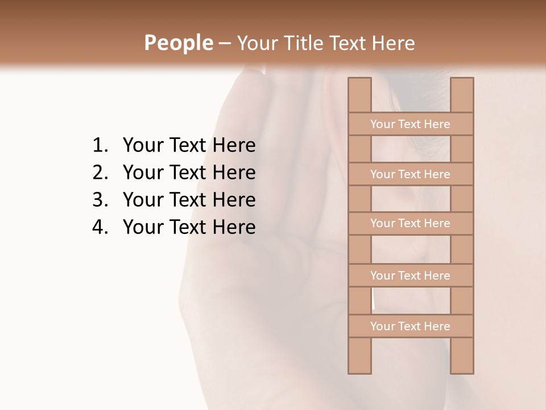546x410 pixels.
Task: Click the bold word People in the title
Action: click(178, 43)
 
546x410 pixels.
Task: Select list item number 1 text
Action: click(189, 145)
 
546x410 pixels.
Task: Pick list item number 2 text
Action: click(189, 173)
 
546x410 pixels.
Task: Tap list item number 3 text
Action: click(189, 200)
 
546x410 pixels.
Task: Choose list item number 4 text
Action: click(189, 227)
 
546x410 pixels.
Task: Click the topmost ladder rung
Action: click(410, 124)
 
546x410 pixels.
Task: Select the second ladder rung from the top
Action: click(410, 174)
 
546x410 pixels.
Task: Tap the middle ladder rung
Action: click(410, 223)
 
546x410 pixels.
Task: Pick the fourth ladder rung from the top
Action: click(410, 276)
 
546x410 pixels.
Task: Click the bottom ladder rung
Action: click(410, 326)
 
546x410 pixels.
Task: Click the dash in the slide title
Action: click(224, 43)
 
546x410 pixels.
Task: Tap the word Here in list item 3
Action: click(234, 200)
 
